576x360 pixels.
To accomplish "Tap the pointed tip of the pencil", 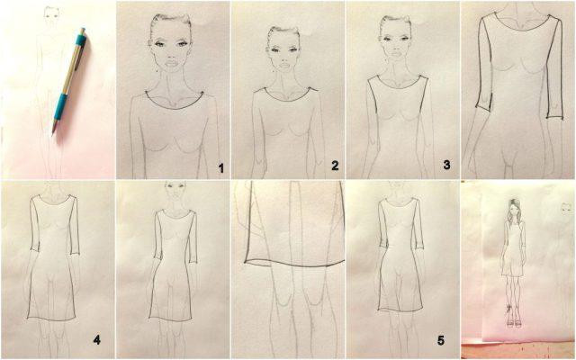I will click(52, 134).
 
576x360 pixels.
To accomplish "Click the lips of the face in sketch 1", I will click(170, 69).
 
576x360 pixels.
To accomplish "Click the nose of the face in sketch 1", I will click(170, 59).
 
